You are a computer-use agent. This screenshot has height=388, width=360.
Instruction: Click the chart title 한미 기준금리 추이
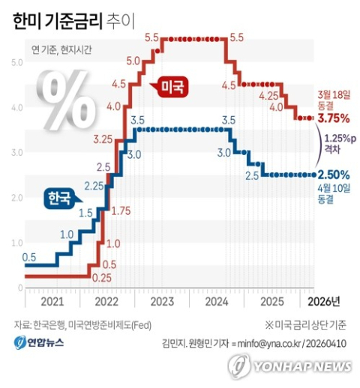click(72, 21)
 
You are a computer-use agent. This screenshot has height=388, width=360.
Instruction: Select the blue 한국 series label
click(56, 198)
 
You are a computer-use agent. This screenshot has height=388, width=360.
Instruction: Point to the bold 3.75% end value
click(333, 118)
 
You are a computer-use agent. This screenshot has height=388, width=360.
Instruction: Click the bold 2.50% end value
click(333, 175)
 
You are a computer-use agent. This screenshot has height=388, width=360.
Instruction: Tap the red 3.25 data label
click(103, 139)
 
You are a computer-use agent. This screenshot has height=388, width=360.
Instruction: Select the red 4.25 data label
click(268, 97)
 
